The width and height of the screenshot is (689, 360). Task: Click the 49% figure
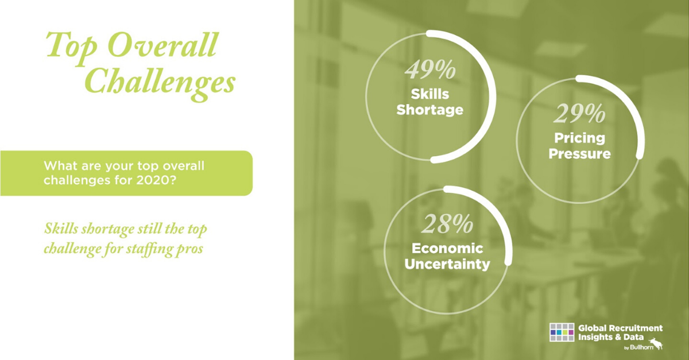pos(430,70)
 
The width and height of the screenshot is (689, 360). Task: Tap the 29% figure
pos(580,114)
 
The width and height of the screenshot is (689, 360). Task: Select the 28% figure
pos(447,224)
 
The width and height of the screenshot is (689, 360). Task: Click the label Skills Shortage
pos(430,102)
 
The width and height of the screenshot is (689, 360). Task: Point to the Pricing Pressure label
pos(579,146)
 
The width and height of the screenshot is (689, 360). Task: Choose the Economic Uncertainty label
pos(447,256)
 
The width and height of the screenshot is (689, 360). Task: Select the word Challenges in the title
pos(161,82)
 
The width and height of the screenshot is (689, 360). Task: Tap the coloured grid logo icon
pos(562,332)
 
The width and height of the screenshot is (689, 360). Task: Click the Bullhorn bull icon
pos(656,343)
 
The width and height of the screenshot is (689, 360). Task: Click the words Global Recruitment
pos(621,328)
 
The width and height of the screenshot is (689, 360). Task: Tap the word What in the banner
pos(57,166)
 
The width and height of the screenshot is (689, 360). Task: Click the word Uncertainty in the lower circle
pos(447,264)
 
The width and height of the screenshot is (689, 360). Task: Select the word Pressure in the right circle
pos(579,154)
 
